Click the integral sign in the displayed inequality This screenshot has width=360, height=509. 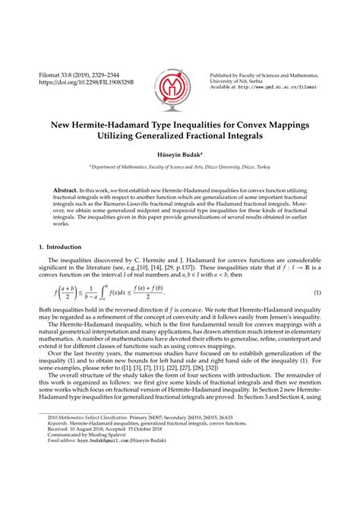pyautogui.click(x=102, y=292)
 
